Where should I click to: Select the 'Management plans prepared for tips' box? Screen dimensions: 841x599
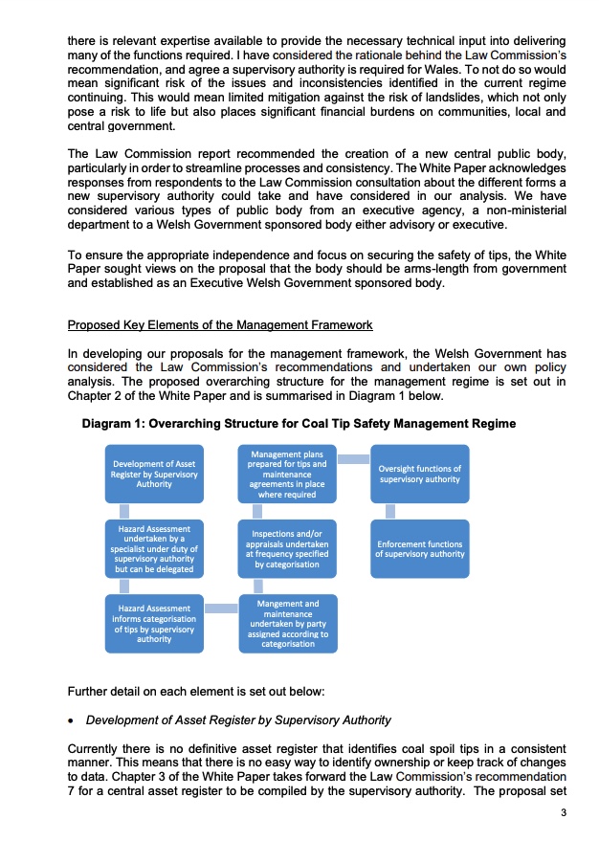(287, 475)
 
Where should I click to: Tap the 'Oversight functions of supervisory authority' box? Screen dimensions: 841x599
(419, 475)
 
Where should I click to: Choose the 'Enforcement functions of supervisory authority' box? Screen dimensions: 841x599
(419, 549)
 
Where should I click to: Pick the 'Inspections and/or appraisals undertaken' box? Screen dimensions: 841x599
(287, 549)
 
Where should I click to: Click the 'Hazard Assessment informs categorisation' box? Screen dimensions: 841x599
(154, 623)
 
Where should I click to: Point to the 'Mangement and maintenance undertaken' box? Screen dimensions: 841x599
(287, 624)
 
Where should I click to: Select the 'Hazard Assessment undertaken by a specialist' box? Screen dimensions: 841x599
(154, 549)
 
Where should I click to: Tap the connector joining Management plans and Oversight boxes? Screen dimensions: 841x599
(353, 459)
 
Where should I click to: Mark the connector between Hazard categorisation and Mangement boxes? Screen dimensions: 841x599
(221, 609)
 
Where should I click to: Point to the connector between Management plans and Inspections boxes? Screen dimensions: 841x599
(257, 512)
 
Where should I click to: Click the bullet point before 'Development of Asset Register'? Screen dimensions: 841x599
(72, 719)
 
